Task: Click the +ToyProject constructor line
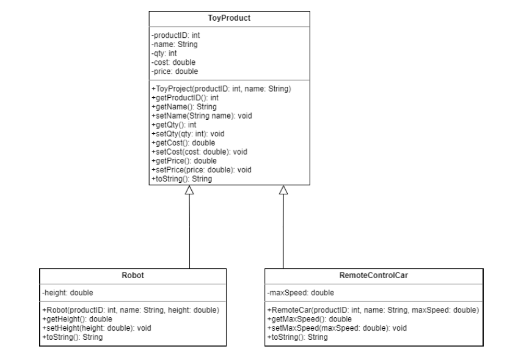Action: pyautogui.click(x=220, y=89)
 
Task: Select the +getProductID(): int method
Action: pyautogui.click(x=184, y=97)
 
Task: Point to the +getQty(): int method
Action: pyautogui.click(x=173, y=123)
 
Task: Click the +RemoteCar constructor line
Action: pyautogui.click(x=373, y=310)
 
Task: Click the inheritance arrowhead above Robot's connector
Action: pyautogui.click(x=189, y=191)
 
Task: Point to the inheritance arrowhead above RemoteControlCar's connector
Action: pyautogui.click(x=283, y=191)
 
